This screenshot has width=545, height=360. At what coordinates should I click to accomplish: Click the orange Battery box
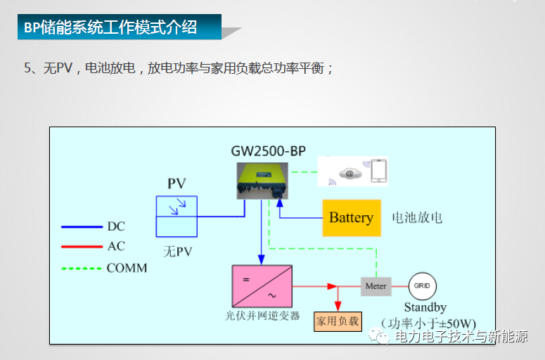pos(351,217)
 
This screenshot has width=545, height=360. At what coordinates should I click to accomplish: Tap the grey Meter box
pos(376,286)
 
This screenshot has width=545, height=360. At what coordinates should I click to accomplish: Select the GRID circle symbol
pos(423,286)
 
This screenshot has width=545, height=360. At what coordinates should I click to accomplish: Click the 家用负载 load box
pos(337,321)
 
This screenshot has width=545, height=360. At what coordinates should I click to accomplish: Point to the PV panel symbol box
pos(177,216)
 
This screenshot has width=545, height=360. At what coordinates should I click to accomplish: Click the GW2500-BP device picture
pos(263,180)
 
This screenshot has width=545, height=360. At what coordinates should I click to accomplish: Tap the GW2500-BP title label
pos(269,150)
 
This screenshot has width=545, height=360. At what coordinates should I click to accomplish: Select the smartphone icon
pos(378,171)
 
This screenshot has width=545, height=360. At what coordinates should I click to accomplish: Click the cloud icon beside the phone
pos(348,173)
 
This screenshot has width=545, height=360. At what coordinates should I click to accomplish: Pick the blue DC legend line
pos(82,226)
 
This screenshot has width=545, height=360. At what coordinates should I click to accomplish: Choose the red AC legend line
pos(82,247)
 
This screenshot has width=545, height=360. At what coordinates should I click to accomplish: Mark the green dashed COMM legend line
pos(82,268)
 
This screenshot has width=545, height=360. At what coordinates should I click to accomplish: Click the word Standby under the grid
pos(425,308)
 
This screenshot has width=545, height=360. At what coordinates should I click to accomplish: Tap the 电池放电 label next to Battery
pos(417,217)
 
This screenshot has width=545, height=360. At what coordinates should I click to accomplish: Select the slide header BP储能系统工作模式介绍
pos(110,28)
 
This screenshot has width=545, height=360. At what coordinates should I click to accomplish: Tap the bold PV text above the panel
pos(177,184)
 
